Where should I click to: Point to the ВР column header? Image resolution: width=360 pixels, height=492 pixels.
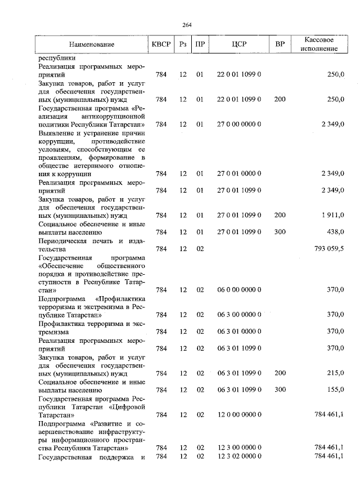(280, 44)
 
